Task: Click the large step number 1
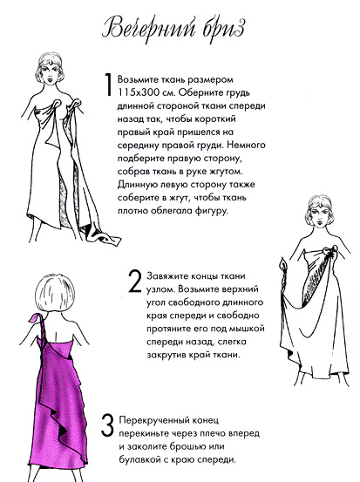[x=106, y=86]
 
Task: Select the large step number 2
[x=134, y=281]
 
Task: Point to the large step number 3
[x=106, y=426]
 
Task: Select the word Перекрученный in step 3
[x=160, y=419]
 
